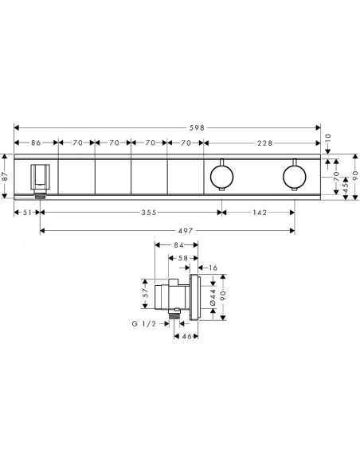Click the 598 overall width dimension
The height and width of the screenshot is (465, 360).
(198, 128)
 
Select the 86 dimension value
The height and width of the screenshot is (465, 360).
(36, 143)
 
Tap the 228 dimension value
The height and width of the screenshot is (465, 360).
(264, 143)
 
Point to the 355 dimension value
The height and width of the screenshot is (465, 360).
(149, 213)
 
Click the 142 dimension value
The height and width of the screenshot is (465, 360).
(260, 213)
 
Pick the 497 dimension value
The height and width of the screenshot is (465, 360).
(186, 230)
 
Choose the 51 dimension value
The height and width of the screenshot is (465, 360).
(27, 213)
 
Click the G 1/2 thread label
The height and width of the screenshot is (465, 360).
(144, 323)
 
